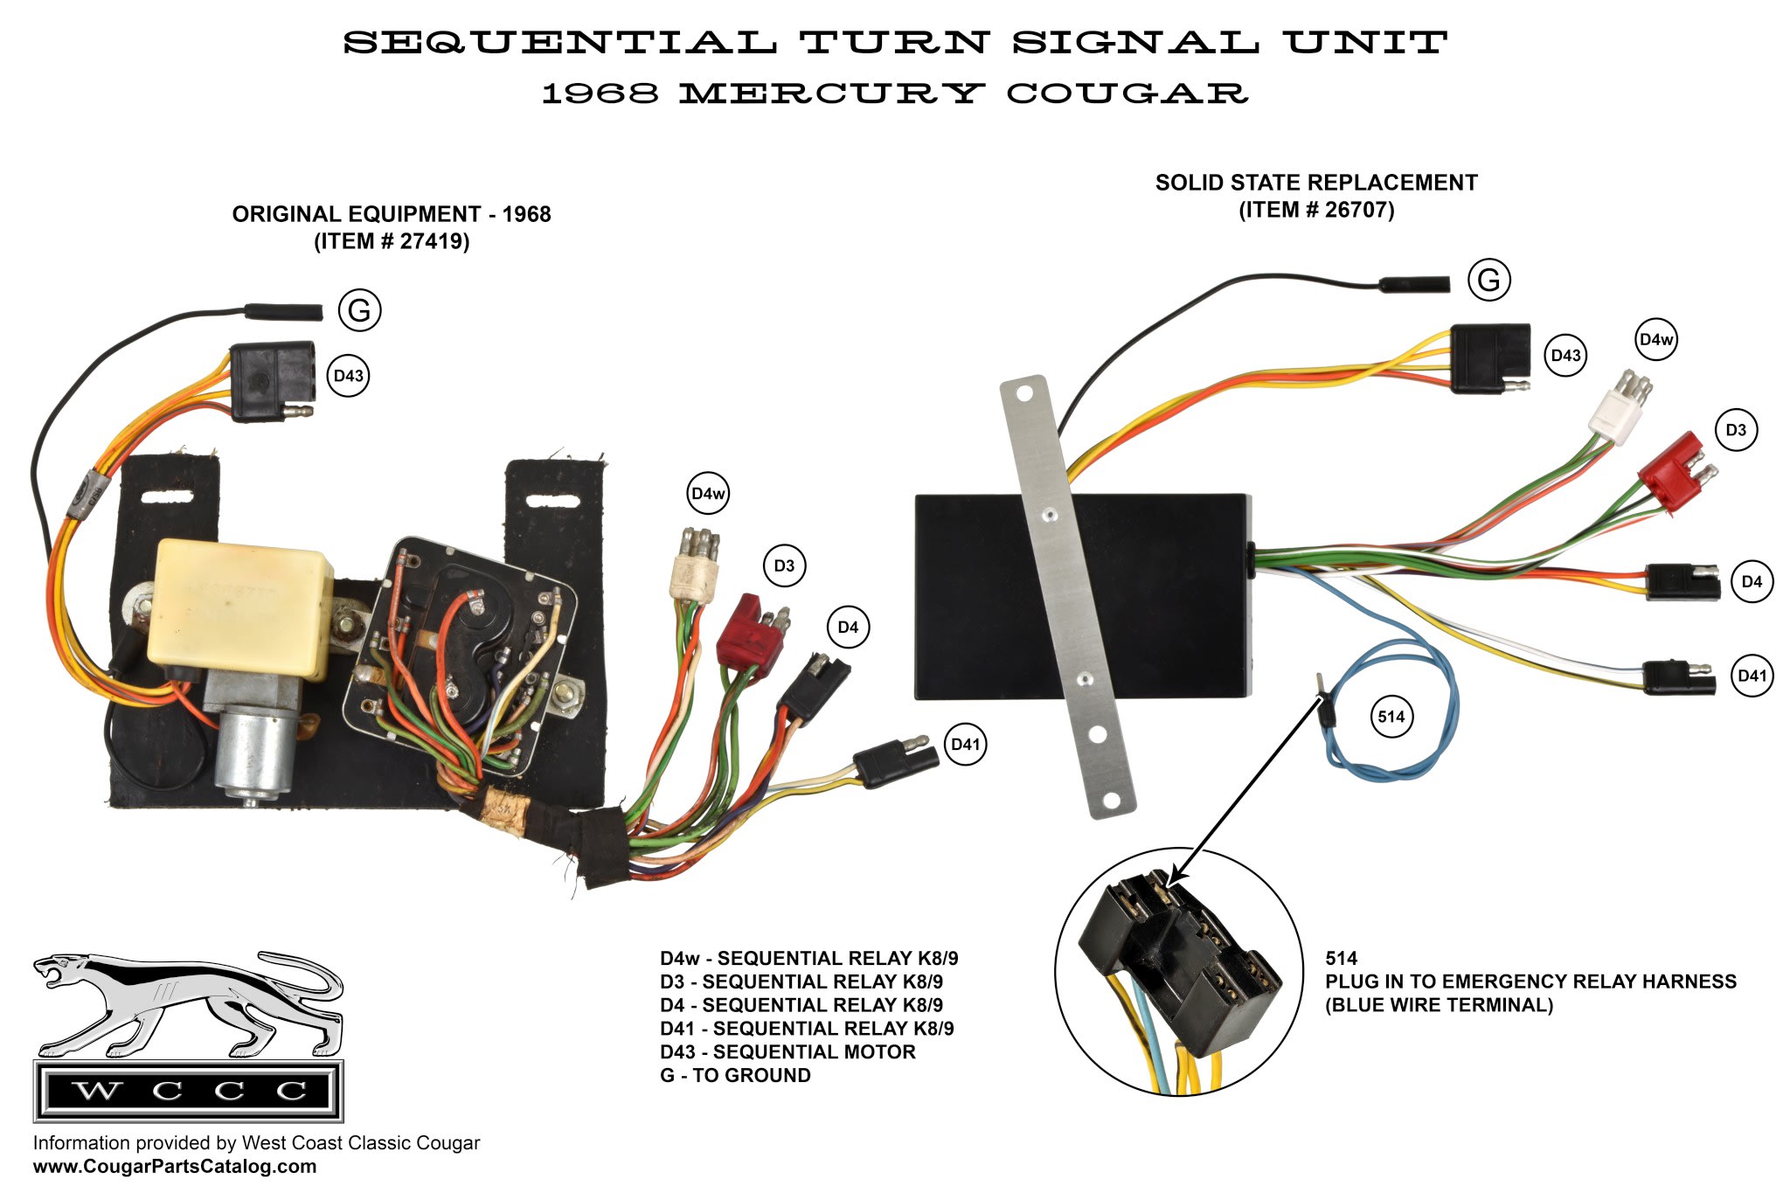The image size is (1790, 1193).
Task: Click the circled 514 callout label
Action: pos(1391,717)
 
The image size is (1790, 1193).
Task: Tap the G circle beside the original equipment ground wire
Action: pos(359,310)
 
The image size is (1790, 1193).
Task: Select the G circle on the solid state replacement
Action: pos(1488,280)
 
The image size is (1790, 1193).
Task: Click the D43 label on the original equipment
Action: pos(348,376)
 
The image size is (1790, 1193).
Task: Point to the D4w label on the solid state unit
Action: pos(1656,340)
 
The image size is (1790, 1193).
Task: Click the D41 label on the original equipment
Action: pos(965,744)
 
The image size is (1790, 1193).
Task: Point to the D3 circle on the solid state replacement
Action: pos(1735,430)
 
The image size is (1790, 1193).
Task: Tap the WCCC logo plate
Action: pos(188,1091)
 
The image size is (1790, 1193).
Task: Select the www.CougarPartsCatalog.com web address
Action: pos(175,1167)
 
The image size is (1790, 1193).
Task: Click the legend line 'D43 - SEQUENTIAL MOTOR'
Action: pos(787,1051)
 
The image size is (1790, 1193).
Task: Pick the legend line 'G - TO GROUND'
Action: pos(735,1075)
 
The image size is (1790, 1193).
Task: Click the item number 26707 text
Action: pos(1316,210)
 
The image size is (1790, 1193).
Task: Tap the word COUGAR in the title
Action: pos(1127,93)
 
